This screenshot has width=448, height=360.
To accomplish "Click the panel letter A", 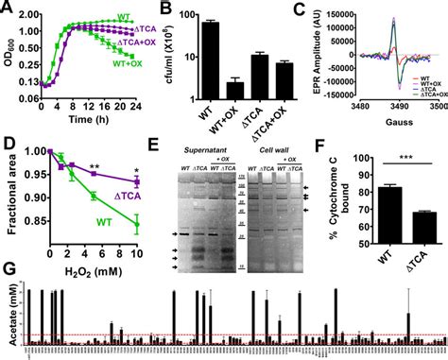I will tap(7, 9).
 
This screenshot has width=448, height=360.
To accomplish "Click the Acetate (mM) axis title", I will tap(8, 316).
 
